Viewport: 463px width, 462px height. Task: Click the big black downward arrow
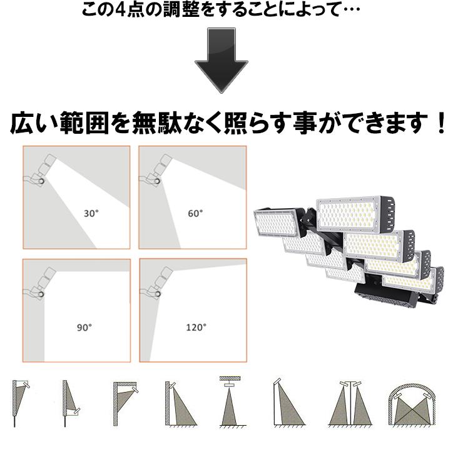tap(221, 61)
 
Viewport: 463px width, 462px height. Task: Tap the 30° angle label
tap(91, 213)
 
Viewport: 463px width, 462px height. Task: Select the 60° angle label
tap(195, 213)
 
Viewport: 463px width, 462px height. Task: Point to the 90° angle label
tap(84, 328)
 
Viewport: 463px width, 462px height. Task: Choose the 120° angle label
tap(196, 328)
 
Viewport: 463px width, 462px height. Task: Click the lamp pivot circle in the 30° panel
tap(41, 181)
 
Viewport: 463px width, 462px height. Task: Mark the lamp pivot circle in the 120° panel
tap(158, 294)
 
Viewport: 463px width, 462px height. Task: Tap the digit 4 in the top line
tap(120, 11)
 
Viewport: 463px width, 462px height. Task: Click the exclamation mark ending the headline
tap(442, 123)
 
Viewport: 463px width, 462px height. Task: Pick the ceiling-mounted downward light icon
tap(230, 401)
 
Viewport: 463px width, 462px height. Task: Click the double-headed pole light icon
tap(350, 404)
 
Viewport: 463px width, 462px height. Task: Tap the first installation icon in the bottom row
tap(21, 403)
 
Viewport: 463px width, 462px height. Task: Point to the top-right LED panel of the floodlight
tap(355, 213)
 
